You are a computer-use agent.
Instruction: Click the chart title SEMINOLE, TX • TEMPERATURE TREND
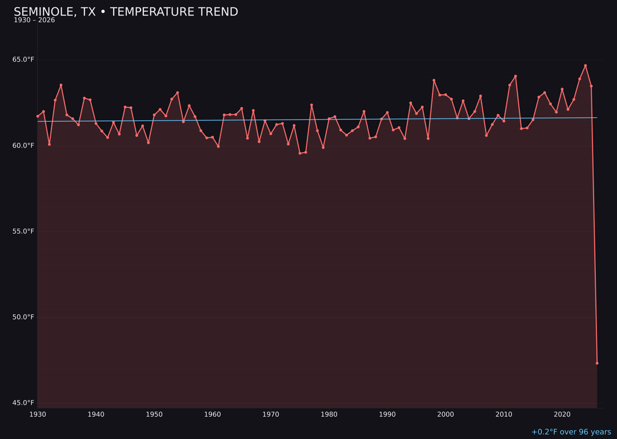tap(126, 12)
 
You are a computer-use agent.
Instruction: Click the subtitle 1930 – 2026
tap(34, 21)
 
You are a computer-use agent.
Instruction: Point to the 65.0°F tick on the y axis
tap(23, 59)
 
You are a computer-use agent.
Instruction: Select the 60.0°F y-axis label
tap(23, 145)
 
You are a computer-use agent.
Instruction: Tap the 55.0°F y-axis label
tap(23, 231)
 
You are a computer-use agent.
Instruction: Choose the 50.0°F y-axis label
tap(23, 317)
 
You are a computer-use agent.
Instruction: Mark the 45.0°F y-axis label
tap(23, 402)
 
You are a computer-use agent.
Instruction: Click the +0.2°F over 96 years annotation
tap(571, 432)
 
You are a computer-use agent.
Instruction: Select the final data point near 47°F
tap(597, 363)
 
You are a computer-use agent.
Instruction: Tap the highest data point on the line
tap(585, 66)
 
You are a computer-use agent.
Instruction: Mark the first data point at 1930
tap(38, 116)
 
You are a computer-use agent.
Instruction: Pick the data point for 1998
tap(434, 81)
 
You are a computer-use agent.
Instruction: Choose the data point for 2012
tap(515, 76)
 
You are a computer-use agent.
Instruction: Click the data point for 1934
tap(61, 85)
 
